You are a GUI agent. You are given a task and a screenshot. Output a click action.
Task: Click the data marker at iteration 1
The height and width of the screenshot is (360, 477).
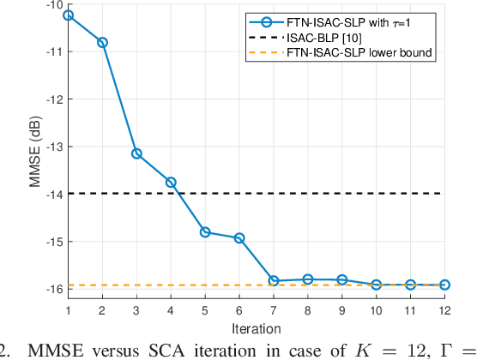point(68,15)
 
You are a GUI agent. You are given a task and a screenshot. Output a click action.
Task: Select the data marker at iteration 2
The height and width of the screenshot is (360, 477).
point(102,42)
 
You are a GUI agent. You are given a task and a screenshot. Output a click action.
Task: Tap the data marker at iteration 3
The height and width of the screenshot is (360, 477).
point(136,153)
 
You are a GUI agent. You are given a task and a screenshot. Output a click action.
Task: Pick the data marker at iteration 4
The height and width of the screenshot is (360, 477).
point(171,182)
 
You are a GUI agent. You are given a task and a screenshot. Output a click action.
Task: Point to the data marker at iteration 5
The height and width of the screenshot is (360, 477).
point(205,232)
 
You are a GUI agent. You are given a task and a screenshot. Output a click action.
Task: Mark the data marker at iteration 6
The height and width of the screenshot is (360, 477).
point(239,237)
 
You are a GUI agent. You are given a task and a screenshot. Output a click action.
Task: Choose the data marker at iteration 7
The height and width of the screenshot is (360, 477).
point(274,280)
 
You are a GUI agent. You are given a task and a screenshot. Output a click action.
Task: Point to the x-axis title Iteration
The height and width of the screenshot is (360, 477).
point(257,327)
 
